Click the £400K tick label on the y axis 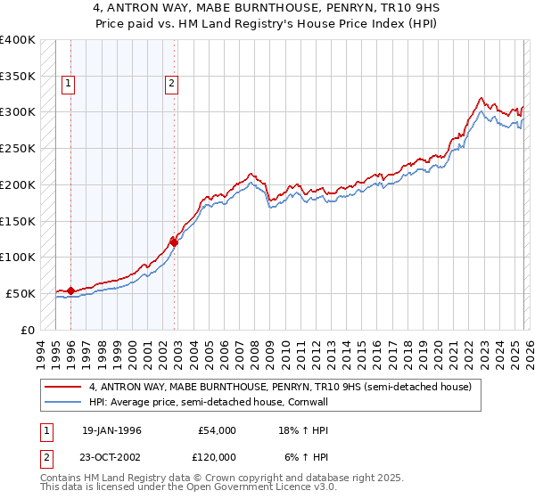click(x=18, y=40)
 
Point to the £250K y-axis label click(x=18, y=149)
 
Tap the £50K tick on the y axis click(x=21, y=293)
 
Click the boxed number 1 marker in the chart click(x=69, y=85)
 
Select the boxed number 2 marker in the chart click(x=171, y=85)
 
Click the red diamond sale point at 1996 click(x=70, y=290)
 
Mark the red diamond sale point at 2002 click(x=174, y=242)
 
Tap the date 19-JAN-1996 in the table click(x=111, y=430)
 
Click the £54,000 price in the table click(x=217, y=430)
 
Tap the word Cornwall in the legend click(x=308, y=402)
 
